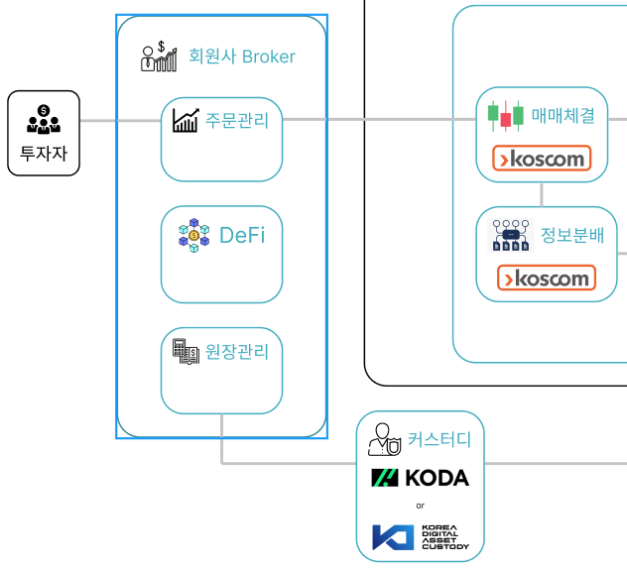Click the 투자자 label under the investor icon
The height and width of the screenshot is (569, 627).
point(44,154)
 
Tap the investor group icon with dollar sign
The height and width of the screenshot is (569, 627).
point(44,119)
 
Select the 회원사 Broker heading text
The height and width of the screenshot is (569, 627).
point(242,57)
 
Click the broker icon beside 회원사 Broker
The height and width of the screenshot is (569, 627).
point(159,57)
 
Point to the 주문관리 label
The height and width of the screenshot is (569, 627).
point(237,120)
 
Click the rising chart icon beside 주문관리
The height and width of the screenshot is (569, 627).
point(186,120)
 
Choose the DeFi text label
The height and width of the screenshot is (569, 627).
point(242,235)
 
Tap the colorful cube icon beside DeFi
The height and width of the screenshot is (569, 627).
point(193,235)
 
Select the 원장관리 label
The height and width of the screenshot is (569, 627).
point(237,352)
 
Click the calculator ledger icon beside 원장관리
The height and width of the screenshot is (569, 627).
point(186,352)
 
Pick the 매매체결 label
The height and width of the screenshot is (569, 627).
point(564,115)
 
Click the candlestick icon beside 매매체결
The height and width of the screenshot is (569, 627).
point(505,116)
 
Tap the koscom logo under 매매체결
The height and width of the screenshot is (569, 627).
point(542,159)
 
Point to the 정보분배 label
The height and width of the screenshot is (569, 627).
point(572,235)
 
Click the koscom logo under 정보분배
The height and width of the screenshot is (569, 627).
point(547,278)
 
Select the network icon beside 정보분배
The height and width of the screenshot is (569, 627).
point(511,235)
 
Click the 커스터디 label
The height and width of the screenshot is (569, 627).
point(439,439)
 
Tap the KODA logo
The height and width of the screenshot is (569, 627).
point(421,478)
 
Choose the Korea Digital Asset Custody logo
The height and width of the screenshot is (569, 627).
point(421,537)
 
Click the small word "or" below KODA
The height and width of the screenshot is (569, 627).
point(421,506)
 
